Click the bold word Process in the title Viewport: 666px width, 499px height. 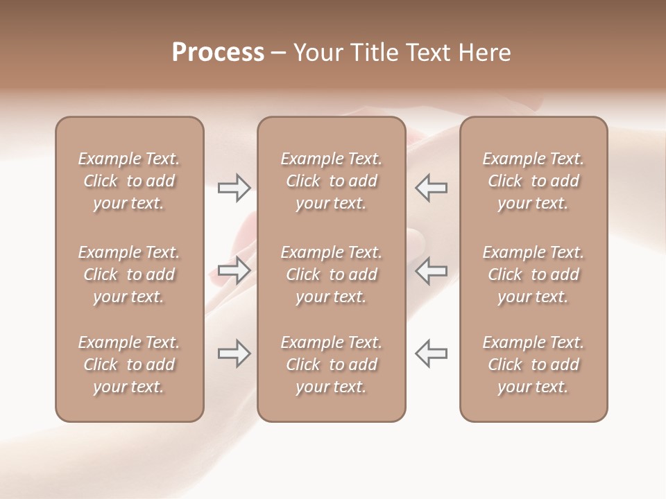coord(218,53)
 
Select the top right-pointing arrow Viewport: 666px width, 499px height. coord(234,188)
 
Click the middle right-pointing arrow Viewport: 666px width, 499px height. coord(234,270)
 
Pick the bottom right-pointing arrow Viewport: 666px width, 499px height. coord(234,353)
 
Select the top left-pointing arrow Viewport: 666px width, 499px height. coord(431,188)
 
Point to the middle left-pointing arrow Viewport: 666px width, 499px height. coord(431,270)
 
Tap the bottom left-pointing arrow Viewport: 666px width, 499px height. coord(431,353)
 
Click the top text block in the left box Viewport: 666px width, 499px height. coord(129,181)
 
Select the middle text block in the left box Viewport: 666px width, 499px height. coord(129,274)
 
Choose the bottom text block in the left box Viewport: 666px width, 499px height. coord(129,365)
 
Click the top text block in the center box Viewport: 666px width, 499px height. coord(331,181)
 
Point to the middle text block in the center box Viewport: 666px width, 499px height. coord(331,274)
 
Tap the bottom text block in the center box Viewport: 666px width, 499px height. coord(331,365)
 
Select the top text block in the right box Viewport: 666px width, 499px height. coord(533,181)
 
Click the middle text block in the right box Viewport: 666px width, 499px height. coord(533,274)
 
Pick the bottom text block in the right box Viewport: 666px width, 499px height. coord(533,365)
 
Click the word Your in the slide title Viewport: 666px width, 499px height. coord(318,53)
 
